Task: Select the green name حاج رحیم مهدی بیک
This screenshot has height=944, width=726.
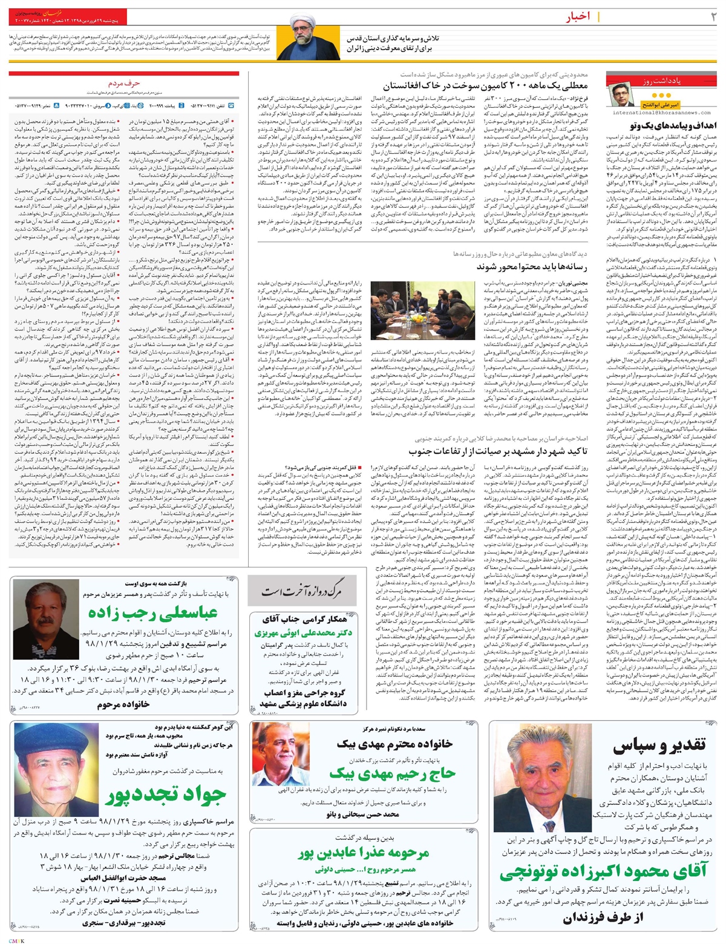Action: tap(380, 774)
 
